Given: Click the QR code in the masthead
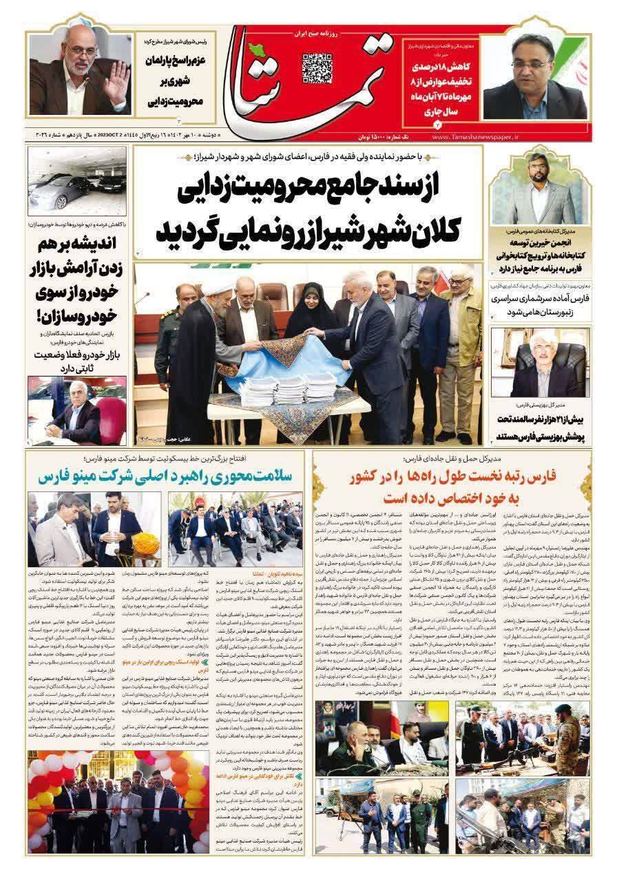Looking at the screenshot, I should coord(317,68).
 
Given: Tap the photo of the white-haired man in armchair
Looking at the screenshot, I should coord(539,370).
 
